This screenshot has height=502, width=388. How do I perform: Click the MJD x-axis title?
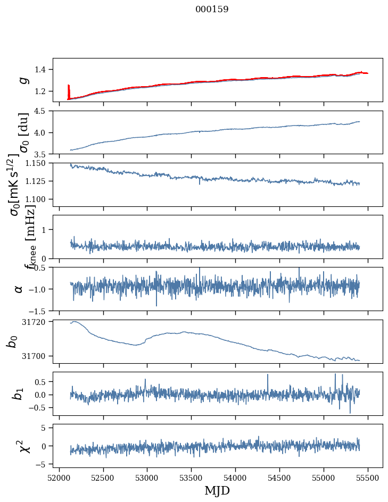(x=217, y=490)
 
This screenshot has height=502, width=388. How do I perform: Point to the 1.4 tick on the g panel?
(x=42, y=70)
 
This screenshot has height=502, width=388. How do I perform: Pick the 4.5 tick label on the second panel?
(x=42, y=111)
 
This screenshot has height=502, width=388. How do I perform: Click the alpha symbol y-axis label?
(x=19, y=289)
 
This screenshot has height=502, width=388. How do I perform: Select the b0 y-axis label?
(x=12, y=341)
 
